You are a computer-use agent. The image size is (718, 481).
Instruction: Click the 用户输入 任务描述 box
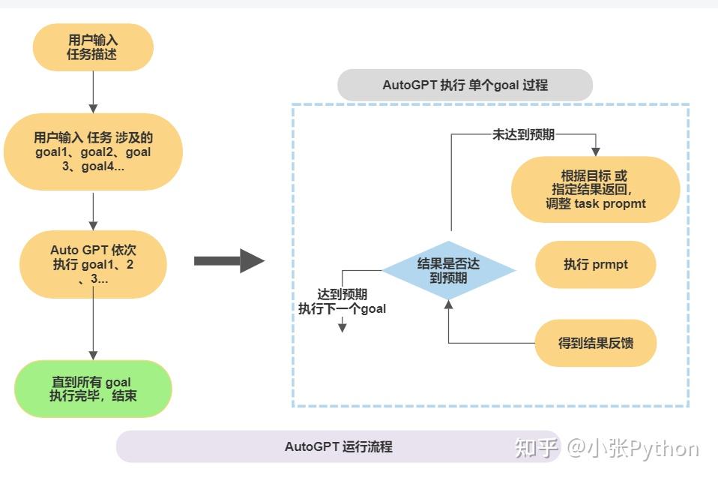92,47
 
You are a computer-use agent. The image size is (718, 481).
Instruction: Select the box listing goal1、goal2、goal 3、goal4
92,152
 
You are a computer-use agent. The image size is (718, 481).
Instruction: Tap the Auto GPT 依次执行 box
92,263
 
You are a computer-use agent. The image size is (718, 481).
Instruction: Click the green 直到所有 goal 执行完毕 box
92,389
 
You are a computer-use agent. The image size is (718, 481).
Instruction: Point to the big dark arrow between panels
229,261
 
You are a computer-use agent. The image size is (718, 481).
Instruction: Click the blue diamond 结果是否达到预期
448,270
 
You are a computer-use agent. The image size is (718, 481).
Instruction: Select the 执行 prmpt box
596,265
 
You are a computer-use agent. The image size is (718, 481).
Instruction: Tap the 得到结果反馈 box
596,344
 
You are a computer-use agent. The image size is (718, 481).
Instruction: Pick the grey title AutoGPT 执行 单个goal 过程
465,85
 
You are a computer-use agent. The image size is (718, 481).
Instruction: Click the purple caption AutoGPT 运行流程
338,446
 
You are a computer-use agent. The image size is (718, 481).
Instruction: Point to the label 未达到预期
524,135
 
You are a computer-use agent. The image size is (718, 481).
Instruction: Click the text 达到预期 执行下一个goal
342,302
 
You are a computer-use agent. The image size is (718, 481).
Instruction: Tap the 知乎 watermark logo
537,449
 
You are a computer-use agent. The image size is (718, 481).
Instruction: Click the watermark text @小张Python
632,449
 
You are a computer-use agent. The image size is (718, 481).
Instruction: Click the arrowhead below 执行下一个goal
342,327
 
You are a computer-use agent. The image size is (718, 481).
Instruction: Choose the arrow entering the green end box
93,354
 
